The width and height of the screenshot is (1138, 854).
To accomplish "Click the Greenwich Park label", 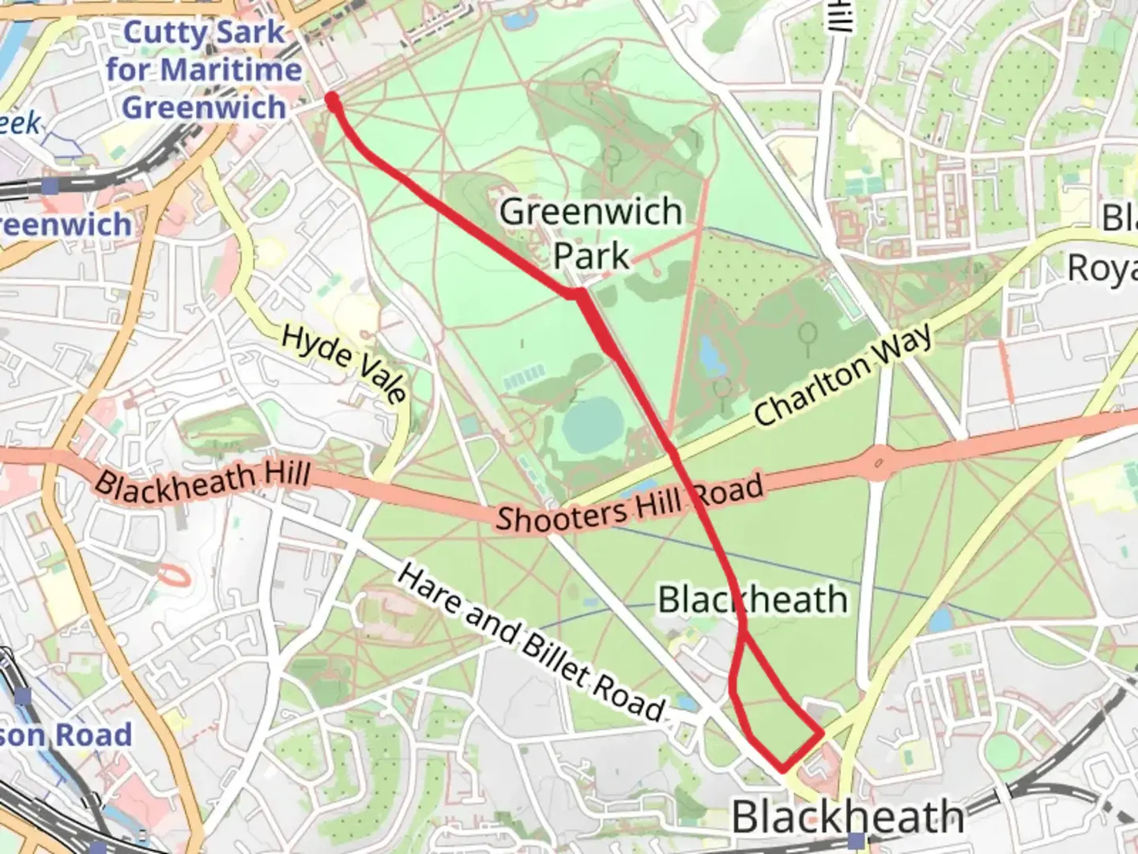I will tap(591, 233).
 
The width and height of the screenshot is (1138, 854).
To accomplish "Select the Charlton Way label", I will tap(842, 376).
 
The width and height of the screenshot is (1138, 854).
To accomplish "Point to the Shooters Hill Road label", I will tap(630, 504).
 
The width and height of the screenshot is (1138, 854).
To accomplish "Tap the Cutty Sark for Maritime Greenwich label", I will tap(204, 70).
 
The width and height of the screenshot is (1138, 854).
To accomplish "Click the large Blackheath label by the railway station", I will tap(847, 815).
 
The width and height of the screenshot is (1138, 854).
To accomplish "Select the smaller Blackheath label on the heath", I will tap(752, 599).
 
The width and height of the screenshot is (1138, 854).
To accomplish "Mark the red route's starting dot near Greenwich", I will tap(333, 100).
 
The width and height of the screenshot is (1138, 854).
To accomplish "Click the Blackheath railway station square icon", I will tap(854, 840).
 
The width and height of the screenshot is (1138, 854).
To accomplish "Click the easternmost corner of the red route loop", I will tap(823, 733).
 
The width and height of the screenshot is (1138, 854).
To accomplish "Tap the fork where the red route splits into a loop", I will tap(744, 633).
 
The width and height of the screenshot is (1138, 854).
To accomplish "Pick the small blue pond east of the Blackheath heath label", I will tap(940, 619).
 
